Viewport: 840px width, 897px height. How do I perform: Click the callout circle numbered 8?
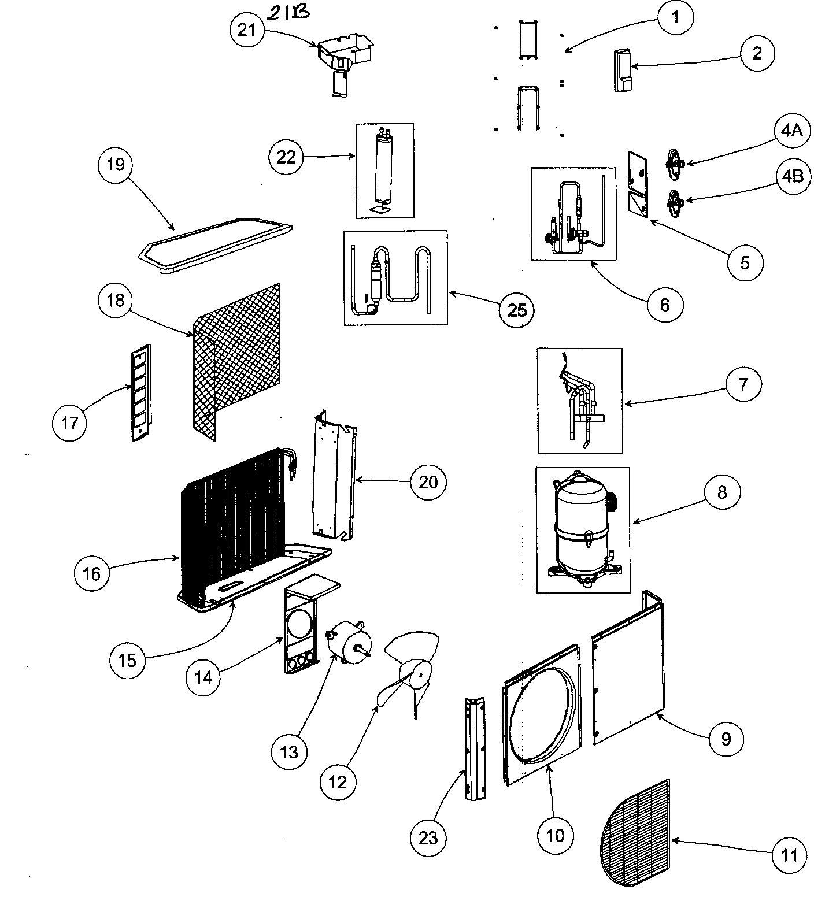[721, 492]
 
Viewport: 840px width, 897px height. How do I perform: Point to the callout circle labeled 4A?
[791, 131]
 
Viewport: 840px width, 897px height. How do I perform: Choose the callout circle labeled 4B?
[793, 176]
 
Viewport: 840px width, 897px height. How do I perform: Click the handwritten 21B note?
[293, 13]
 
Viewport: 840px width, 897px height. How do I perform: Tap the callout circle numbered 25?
[517, 310]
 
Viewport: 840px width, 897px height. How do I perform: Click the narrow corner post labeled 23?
[473, 748]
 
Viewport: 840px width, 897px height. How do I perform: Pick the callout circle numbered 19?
[116, 165]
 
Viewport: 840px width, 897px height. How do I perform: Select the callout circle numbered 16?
[92, 573]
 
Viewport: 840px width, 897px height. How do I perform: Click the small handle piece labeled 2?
[623, 70]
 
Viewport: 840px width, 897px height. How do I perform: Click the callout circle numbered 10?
[554, 835]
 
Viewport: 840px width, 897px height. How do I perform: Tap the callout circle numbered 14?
[203, 677]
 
